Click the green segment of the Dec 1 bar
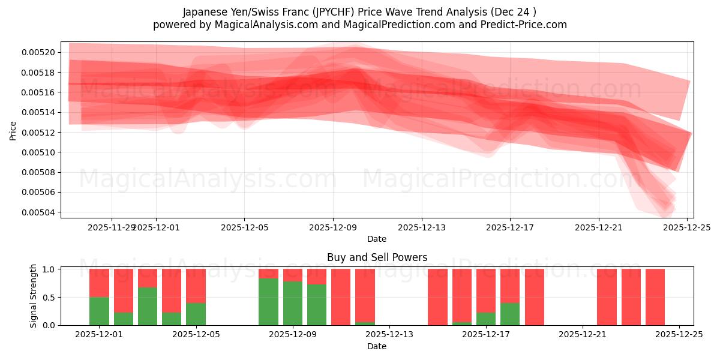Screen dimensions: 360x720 pyautogui.click(x=99, y=311)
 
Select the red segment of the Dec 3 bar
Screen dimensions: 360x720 pyautogui.click(x=148, y=278)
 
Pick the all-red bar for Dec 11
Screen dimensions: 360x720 pyautogui.click(x=341, y=297)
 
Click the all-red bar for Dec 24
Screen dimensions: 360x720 pyautogui.click(x=655, y=297)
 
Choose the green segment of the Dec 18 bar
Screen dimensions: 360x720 pyautogui.click(x=510, y=314)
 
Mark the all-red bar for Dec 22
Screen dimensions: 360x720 pyautogui.click(x=607, y=297)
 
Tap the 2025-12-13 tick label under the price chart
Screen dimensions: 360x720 pyautogui.click(x=422, y=227)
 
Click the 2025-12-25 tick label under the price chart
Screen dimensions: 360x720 pyautogui.click(x=687, y=227)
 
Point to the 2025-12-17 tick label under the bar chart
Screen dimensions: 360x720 pyautogui.click(x=486, y=335)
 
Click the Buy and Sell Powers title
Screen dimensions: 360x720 pyautogui.click(x=377, y=257)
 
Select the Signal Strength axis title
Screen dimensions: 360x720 pyautogui.click(x=34, y=296)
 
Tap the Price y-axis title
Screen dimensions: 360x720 pyautogui.click(x=13, y=130)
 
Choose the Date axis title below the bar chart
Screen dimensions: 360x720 pyautogui.click(x=377, y=346)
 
